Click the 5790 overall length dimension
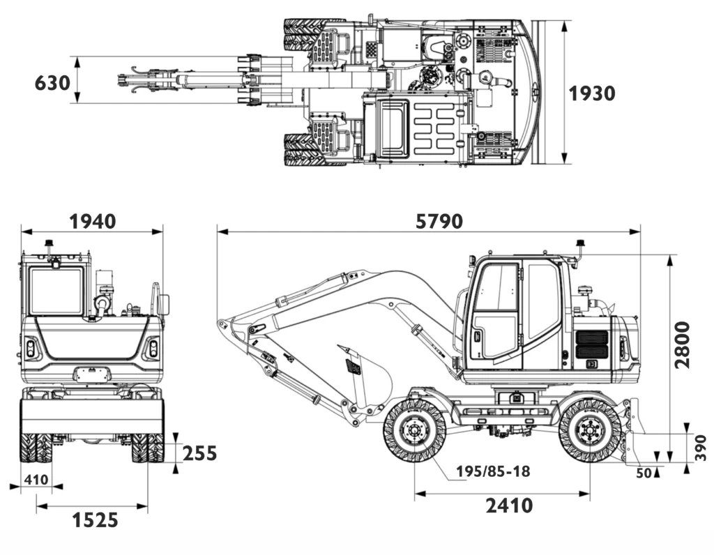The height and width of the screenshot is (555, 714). click(439, 221)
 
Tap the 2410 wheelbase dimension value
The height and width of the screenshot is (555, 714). click(510, 505)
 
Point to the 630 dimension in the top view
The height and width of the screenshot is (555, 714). click(52, 83)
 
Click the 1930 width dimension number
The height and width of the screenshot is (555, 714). click(592, 93)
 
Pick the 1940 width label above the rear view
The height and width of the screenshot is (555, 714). click(92, 221)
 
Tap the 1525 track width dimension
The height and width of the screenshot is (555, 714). click(94, 519)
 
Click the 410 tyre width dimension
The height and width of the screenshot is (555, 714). click(36, 480)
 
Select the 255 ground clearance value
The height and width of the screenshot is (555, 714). click(199, 453)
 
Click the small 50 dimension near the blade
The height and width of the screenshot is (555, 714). click(643, 473)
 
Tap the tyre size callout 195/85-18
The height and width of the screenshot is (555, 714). click(493, 471)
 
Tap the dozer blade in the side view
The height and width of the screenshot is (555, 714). click(635, 432)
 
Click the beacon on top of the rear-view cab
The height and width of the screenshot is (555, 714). click(50, 245)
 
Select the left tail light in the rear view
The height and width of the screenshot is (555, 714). click(30, 348)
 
